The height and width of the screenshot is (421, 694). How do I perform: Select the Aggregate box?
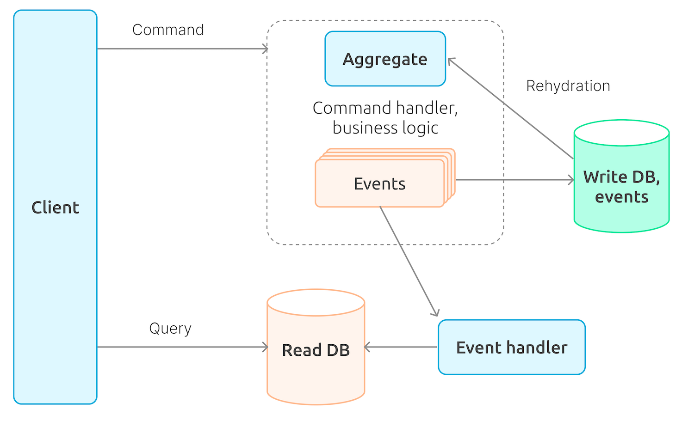click(385, 59)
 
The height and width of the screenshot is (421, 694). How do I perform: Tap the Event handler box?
click(511, 347)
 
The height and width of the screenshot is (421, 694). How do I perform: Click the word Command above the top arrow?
click(168, 30)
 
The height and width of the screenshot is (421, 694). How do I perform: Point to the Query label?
click(170, 329)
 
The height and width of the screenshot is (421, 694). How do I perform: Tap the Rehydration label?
click(568, 86)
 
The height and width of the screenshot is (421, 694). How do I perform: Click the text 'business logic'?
click(385, 128)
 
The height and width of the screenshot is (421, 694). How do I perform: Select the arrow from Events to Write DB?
click(514, 180)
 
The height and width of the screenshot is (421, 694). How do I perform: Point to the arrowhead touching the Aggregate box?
click(451, 61)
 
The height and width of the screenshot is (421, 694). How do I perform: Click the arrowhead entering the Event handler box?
click(435, 313)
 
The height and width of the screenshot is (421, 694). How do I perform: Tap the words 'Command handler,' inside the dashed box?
click(385, 108)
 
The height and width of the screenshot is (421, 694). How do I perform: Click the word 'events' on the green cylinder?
click(621, 197)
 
